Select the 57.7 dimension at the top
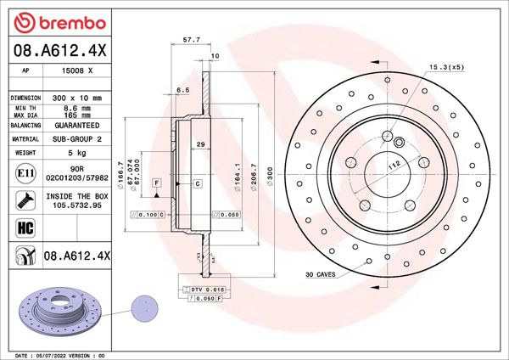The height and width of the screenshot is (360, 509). [192, 39]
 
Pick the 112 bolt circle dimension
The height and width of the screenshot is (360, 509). [394, 166]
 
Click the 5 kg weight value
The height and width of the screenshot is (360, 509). [76, 153]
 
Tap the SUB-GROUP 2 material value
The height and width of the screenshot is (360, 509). [77, 138]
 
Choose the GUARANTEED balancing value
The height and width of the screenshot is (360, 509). [77, 124]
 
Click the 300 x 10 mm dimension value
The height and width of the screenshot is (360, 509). [76, 98]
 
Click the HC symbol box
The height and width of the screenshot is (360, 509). [25, 228]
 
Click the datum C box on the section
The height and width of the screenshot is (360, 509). [197, 183]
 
